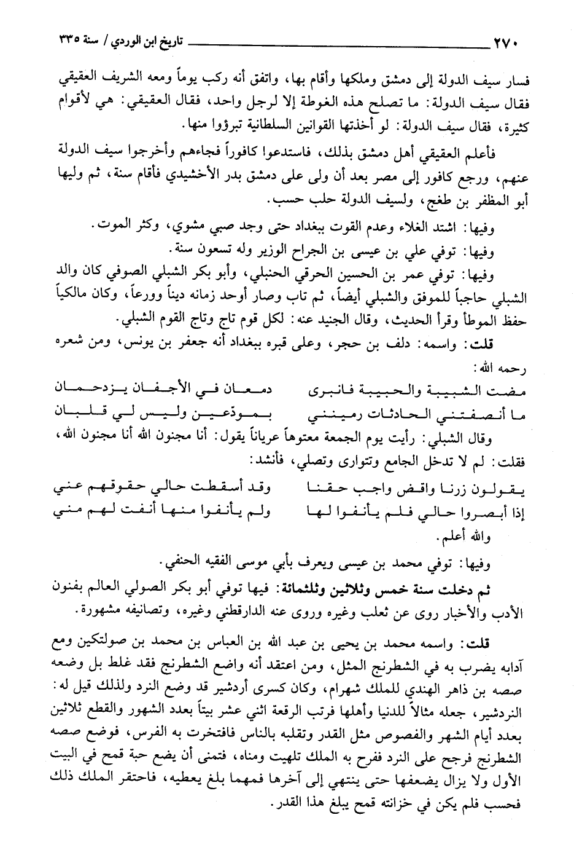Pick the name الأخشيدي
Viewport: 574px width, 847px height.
click(184, 182)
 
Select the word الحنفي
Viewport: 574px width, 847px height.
click(177, 561)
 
